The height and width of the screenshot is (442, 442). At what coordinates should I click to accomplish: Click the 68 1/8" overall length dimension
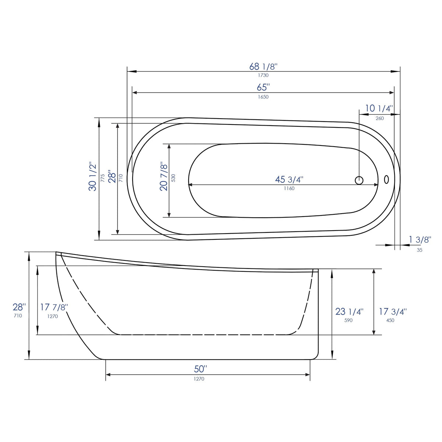pyautogui.click(x=263, y=67)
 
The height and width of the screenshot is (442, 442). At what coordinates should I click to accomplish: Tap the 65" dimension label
pyautogui.click(x=263, y=88)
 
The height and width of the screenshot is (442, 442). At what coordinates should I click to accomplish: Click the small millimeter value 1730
pyautogui.click(x=263, y=75)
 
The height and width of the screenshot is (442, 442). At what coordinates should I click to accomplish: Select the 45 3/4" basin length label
pyautogui.click(x=289, y=180)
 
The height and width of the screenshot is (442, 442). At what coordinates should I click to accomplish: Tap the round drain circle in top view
pyautogui.click(x=359, y=180)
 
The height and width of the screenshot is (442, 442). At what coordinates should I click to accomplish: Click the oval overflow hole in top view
pyautogui.click(x=386, y=180)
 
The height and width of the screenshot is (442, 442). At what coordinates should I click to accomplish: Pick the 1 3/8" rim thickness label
pyautogui.click(x=420, y=240)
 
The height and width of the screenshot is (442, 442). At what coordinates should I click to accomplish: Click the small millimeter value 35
pyautogui.click(x=420, y=250)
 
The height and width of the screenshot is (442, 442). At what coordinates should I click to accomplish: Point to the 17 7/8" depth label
pyautogui.click(x=54, y=307)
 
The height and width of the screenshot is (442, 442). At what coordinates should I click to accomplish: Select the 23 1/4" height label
pyautogui.click(x=349, y=312)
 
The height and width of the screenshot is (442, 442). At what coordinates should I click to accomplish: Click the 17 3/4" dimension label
pyautogui.click(x=393, y=312)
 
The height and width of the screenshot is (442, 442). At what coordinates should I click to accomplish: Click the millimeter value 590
pyautogui.click(x=348, y=320)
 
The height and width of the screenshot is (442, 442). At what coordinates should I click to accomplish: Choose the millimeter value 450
pyautogui.click(x=390, y=320)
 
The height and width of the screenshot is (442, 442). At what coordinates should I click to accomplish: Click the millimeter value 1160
pyautogui.click(x=289, y=189)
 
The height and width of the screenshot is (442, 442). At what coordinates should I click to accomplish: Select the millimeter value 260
pyautogui.click(x=379, y=118)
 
